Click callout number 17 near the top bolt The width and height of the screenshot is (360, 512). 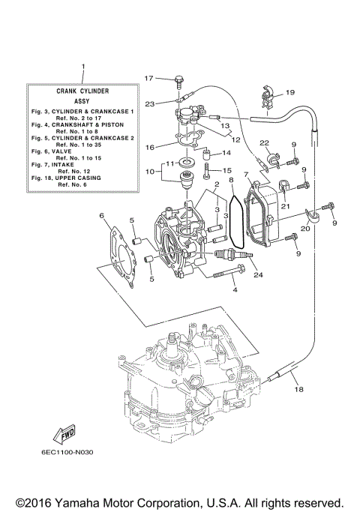(x=148, y=78)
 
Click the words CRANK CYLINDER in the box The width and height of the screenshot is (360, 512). (x=83, y=90)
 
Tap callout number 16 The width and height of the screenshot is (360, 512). (x=150, y=147)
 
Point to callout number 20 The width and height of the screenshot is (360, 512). (x=305, y=229)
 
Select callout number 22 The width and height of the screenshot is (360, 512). (x=264, y=143)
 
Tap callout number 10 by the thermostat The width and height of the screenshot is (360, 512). (x=150, y=172)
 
